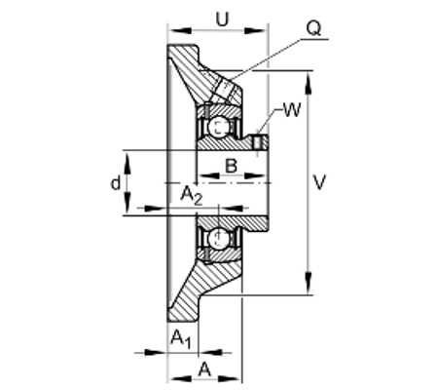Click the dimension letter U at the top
(223, 19)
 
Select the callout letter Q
(313, 28)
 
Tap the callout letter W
(292, 110)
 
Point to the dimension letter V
(320, 182)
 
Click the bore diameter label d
(116, 183)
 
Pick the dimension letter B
(231, 166)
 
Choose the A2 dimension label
(192, 196)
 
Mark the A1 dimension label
(181, 339)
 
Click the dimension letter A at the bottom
(204, 370)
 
